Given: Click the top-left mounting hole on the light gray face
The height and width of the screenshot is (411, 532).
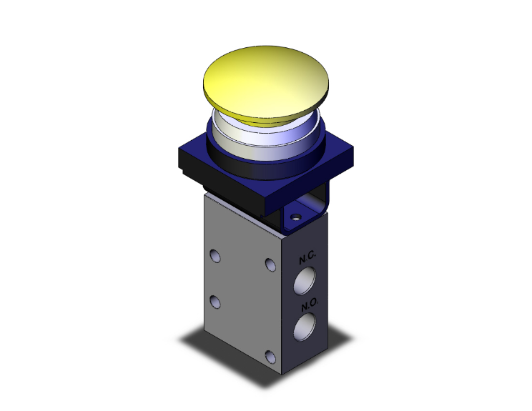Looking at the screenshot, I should pos(215,254).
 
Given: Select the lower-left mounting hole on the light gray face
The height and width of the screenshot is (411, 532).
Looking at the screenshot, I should pos(215,300).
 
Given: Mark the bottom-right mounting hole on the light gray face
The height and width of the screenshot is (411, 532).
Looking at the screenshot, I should pos(269,357).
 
